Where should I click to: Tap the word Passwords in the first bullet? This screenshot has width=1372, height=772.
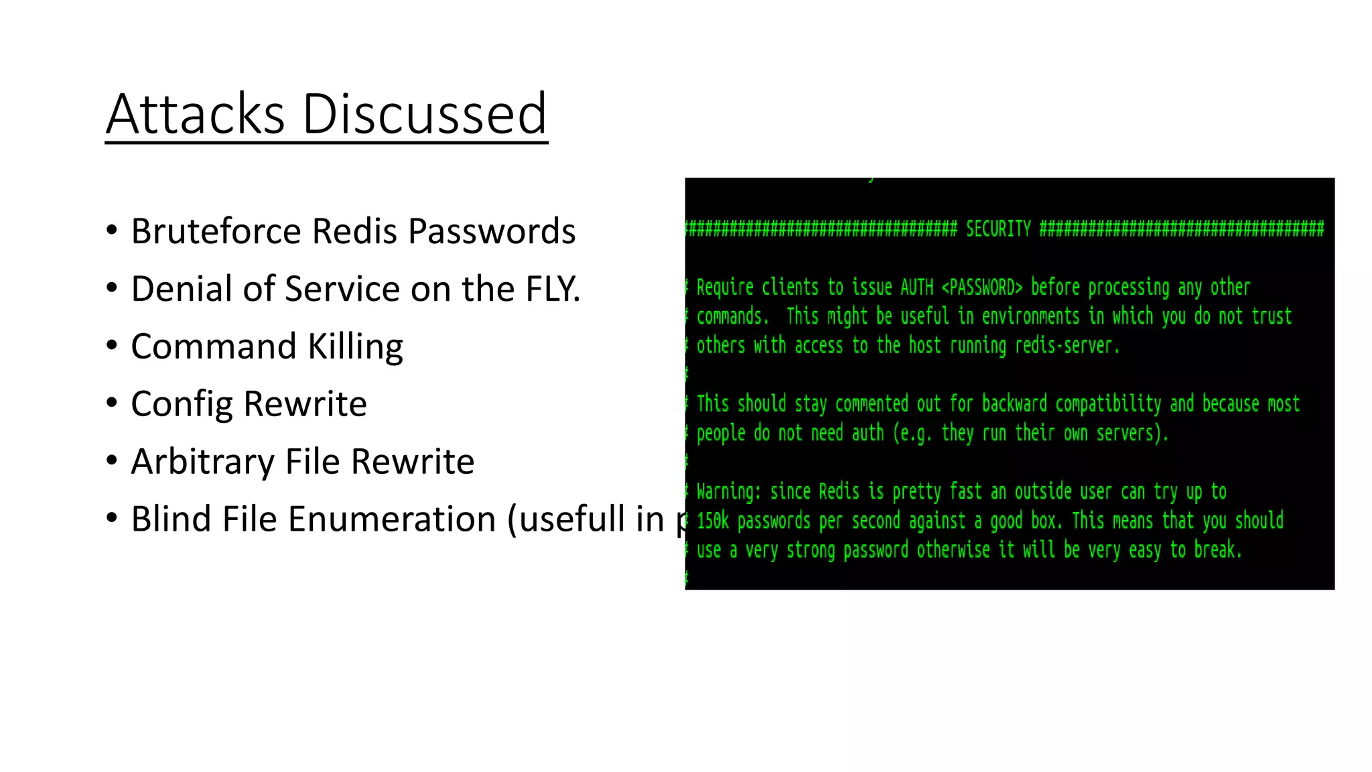click(492, 231)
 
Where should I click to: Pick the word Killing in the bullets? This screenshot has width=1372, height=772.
click(355, 346)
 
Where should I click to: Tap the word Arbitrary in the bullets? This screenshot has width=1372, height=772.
click(202, 462)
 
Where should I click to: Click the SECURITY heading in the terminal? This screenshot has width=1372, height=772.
click(998, 229)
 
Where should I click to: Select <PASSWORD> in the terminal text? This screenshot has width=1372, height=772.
click(982, 287)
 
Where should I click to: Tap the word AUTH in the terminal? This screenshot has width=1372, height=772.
click(916, 287)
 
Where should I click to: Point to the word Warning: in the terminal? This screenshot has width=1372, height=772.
click(728, 492)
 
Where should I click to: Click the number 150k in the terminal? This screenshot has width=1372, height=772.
click(712, 521)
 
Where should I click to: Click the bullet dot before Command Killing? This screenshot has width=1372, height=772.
click(112, 346)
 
